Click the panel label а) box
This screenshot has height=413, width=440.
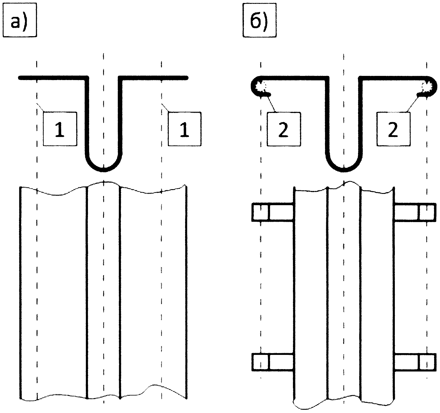(x=20, y=20)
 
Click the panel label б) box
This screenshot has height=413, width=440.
(x=259, y=20)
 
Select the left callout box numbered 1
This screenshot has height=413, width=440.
(x=60, y=129)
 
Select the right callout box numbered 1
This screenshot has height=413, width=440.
(x=185, y=129)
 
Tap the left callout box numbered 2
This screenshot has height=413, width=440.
(x=284, y=129)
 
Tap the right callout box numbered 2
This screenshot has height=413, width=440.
(x=393, y=129)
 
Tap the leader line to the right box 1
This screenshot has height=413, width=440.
(x=165, y=108)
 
